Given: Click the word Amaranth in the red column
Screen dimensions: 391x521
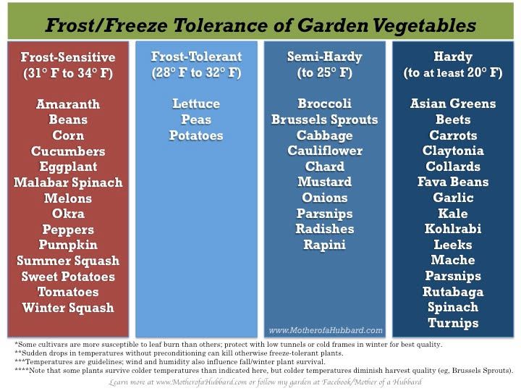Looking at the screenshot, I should pyautogui.click(x=68, y=104).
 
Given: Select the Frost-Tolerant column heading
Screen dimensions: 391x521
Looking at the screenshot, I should pyautogui.click(x=196, y=56).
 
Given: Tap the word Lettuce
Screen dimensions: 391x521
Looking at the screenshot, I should pyautogui.click(x=196, y=104).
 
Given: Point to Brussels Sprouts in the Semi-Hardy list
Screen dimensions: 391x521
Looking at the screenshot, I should pyautogui.click(x=324, y=119).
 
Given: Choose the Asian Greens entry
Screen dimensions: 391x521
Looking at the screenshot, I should pyautogui.click(x=453, y=104).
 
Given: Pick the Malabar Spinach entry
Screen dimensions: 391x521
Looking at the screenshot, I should pyautogui.click(x=68, y=182).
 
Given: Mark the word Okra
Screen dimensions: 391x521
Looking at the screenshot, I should pyautogui.click(x=68, y=214).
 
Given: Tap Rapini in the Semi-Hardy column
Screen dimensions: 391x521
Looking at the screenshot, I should pyautogui.click(x=324, y=245).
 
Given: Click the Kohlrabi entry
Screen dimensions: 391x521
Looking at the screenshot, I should pyautogui.click(x=453, y=229).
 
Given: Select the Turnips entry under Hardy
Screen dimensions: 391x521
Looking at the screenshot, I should pyautogui.click(x=453, y=323).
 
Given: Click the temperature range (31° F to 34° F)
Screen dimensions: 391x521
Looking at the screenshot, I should pyautogui.click(x=68, y=73).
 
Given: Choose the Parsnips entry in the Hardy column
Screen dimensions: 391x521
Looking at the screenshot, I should pyautogui.click(x=453, y=276).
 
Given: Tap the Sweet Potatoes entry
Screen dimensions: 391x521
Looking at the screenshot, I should pyautogui.click(x=68, y=277).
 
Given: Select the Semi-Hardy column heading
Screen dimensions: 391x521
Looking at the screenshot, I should pyautogui.click(x=324, y=56).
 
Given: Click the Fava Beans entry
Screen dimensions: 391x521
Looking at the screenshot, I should pyautogui.click(x=453, y=182).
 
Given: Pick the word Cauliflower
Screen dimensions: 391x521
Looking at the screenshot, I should pyautogui.click(x=324, y=151).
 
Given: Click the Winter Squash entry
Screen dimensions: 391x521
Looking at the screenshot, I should pyautogui.click(x=68, y=308).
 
